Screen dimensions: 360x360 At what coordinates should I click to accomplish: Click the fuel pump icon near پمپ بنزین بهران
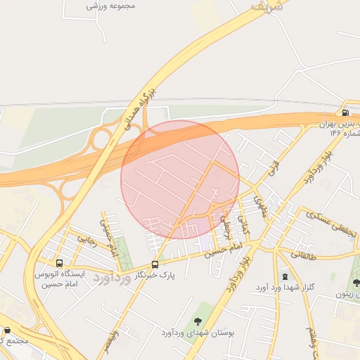point(345,112)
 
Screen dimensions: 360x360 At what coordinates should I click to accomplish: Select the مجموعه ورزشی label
point(110,5)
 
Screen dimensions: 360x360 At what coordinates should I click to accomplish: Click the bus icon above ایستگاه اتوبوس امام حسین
point(59,263)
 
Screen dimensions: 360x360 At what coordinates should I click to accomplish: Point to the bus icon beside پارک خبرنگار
point(155,264)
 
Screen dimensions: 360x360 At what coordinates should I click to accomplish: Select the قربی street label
point(271,169)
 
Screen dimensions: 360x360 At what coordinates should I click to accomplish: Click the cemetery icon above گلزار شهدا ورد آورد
point(285,276)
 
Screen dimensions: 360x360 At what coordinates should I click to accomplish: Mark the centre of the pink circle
point(180,179)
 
